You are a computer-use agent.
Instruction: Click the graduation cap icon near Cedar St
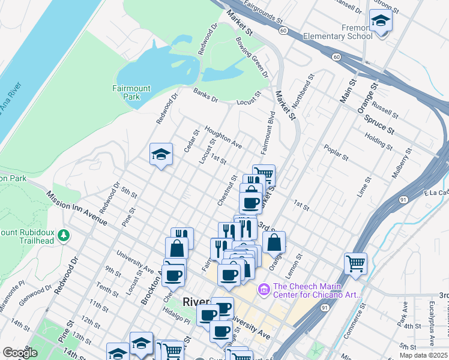(161, 155)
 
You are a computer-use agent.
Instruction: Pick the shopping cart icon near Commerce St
(355, 263)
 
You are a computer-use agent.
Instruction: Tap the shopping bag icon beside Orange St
(274, 242)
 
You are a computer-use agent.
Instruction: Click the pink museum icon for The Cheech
(262, 290)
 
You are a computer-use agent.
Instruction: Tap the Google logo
(20, 353)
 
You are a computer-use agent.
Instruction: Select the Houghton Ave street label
(223, 137)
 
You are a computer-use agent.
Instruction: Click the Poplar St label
(336, 152)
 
